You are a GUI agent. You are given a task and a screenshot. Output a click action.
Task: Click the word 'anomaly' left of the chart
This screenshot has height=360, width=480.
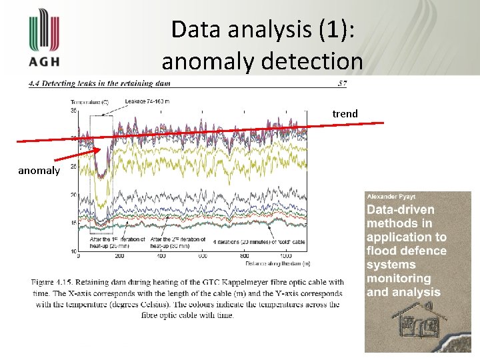(x=39, y=171)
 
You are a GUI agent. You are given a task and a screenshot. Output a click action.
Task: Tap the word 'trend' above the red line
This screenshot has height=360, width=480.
(x=345, y=114)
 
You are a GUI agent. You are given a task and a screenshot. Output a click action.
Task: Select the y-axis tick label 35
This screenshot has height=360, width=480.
(x=73, y=110)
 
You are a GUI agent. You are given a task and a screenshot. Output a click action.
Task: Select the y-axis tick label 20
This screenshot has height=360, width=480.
(x=73, y=195)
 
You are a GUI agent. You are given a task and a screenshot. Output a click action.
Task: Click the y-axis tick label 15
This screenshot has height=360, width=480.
(x=73, y=223)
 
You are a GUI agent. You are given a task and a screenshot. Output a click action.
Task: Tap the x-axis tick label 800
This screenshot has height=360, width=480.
(x=244, y=256)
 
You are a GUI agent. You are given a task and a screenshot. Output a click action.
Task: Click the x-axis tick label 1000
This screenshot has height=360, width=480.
(x=285, y=256)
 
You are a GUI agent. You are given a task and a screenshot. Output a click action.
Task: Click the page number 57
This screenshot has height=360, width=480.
(x=342, y=84)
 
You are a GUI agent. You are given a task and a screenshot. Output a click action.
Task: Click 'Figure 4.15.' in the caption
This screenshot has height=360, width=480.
(x=53, y=282)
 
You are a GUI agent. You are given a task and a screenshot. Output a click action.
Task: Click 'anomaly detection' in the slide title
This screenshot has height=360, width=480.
(x=262, y=61)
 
